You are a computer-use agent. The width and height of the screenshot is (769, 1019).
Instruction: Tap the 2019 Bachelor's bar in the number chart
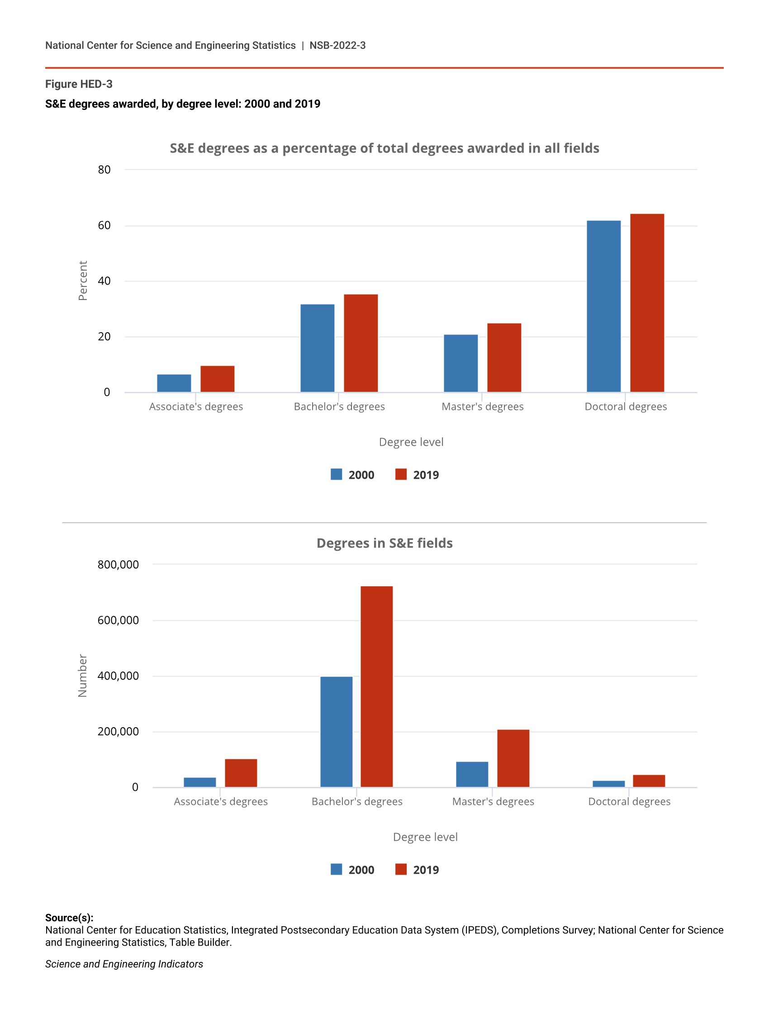(x=376, y=686)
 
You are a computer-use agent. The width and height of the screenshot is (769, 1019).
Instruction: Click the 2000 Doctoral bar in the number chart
(x=608, y=784)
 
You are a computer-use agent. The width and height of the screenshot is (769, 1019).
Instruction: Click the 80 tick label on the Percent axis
(x=104, y=170)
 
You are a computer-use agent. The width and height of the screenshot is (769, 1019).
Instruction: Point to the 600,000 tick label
(x=118, y=620)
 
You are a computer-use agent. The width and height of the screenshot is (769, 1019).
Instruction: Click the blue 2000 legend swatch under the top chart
(x=336, y=474)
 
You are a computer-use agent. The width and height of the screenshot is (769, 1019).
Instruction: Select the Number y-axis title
(x=82, y=676)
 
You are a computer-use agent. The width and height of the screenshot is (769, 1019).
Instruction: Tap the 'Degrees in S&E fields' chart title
(x=384, y=543)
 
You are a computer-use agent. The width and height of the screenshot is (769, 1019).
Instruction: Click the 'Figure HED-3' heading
(x=79, y=84)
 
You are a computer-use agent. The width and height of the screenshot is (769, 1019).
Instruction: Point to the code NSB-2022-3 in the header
(x=337, y=45)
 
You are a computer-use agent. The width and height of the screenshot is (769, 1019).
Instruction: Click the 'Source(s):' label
(x=69, y=917)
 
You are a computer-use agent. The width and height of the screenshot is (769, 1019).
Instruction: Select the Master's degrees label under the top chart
(x=482, y=406)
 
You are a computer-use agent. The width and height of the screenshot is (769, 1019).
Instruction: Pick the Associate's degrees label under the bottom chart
(x=221, y=801)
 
